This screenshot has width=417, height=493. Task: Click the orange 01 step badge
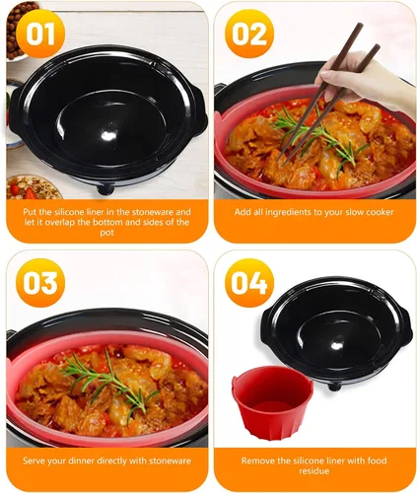pyautogui.click(x=40, y=34)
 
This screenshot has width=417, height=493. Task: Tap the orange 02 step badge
pyautogui.click(x=249, y=34)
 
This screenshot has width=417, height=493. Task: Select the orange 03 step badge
pyautogui.click(x=40, y=283)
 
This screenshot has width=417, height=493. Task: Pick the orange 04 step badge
pyautogui.click(x=249, y=283)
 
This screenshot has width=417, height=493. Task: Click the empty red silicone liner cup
pyautogui.click(x=272, y=402)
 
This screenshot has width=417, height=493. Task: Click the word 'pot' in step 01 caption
pyautogui.click(x=106, y=233)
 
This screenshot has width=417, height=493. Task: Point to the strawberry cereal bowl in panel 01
pyautogui.click(x=33, y=188)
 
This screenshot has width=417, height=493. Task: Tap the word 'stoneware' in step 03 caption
pyautogui.click(x=170, y=460)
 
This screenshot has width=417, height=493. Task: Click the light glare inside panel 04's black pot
pyautogui.click(x=336, y=346)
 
